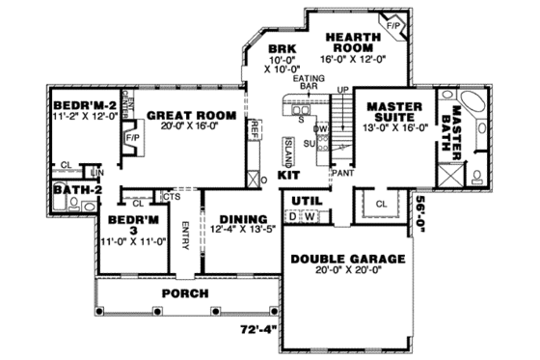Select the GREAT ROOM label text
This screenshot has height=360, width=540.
(x=191, y=115)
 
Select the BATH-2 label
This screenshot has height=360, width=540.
(x=72, y=190)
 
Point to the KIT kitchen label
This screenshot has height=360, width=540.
(x=288, y=177)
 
